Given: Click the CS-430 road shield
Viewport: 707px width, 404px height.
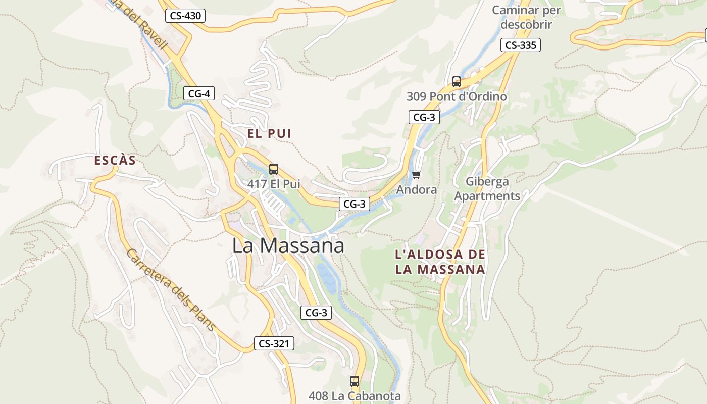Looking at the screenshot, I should coord(185,16).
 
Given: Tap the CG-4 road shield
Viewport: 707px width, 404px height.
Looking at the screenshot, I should coord(199,93).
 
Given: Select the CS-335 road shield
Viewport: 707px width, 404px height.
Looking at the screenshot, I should coord(521,45).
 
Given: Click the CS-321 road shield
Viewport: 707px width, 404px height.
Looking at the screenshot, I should coord(273,344).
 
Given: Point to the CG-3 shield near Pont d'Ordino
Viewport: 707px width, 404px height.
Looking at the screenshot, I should coord(424,117).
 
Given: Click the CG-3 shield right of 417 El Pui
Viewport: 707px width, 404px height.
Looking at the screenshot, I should coord(354,204).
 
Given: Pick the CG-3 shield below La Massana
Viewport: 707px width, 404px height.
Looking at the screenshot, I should coord(316,313).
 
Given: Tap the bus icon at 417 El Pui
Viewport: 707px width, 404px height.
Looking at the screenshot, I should coord(274,169).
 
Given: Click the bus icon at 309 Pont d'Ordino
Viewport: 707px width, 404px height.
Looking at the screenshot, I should coord(457,81).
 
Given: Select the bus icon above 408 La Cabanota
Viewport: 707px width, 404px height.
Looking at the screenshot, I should coord(355,381).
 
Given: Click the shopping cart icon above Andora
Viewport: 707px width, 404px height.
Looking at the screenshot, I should coord(417,175).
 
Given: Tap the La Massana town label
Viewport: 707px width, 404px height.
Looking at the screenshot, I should coord(288,245).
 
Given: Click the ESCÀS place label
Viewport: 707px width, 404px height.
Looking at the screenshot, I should coord(115,161).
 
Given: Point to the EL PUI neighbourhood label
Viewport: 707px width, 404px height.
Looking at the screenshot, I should coord(269,134).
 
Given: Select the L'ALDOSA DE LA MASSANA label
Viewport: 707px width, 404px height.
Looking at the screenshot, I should coord(440,262).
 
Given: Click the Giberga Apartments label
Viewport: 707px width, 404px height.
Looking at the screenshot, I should coord(487,188).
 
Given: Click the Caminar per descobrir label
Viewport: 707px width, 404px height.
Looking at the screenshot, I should coord(526,17).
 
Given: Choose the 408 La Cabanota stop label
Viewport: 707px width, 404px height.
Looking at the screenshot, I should coord(355,396).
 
